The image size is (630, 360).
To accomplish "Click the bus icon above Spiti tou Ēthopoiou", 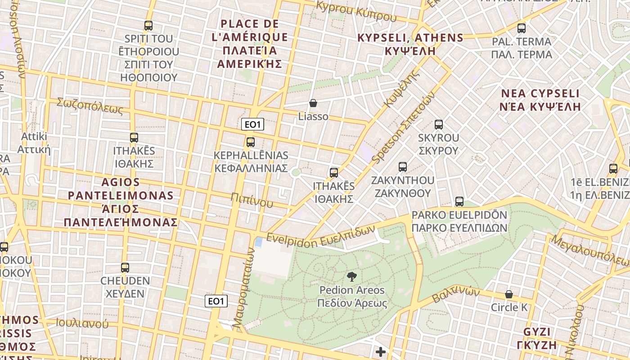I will coord(148,26).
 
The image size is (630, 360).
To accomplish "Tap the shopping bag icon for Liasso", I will coord(313,103).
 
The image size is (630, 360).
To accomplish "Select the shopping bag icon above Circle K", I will coord(509,294).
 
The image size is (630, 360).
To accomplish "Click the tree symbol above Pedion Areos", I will coord(352,277).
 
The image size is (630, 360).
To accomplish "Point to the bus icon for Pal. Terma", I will coord(522,28).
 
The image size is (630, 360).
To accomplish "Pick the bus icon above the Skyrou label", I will coord(439,125).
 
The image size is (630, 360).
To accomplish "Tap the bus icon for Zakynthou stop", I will coord(403,167).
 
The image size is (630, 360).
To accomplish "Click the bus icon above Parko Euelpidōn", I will coord(459,202).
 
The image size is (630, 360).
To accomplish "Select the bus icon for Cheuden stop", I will coord(125,268).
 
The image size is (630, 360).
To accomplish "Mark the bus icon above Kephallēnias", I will coord(251,142).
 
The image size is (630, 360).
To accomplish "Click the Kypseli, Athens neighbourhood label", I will coord(410,44).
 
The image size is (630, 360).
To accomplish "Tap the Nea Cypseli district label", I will coord(540,100).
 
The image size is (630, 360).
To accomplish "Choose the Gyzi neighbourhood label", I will coord(540,338).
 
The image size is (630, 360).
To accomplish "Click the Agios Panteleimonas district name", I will coord(121,202).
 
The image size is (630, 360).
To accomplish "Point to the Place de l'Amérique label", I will coord(250,43).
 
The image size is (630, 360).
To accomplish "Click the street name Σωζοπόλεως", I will coord(90,106).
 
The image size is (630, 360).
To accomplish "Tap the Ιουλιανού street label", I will coord(82,323).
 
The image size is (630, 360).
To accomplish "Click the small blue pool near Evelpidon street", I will coord(259,242).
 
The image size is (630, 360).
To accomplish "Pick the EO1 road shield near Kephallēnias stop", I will coord(252,125).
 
